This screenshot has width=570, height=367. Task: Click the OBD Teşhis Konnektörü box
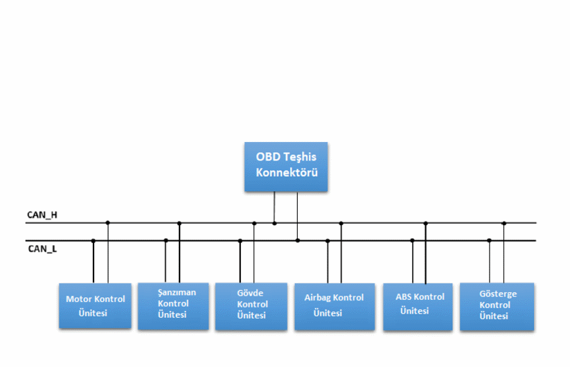(x=285, y=166)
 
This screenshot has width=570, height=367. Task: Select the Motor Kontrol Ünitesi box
(x=95, y=305)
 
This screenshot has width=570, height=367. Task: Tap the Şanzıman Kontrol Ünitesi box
(x=172, y=305)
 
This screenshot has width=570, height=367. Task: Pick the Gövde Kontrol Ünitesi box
(x=251, y=305)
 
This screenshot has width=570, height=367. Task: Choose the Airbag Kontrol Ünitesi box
(x=333, y=305)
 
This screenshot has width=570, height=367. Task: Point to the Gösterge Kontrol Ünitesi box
(x=497, y=305)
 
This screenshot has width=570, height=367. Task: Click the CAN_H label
(x=42, y=215)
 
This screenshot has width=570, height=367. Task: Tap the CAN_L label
(x=42, y=247)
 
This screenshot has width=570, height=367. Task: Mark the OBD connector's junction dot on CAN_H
(x=274, y=223)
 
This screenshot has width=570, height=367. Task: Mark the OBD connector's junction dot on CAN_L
(x=298, y=240)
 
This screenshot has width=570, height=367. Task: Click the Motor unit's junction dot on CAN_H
(x=107, y=223)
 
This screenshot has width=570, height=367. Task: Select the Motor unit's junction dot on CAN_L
(x=93, y=240)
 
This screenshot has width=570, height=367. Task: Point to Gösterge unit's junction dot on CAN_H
(x=504, y=223)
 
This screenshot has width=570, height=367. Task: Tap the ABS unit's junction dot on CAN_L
(x=412, y=240)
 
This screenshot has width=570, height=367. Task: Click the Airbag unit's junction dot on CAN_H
(x=341, y=223)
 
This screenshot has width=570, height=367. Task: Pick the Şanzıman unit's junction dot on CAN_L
(x=166, y=240)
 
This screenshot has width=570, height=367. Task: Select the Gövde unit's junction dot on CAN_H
(x=254, y=223)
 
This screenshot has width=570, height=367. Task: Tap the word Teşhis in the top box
(x=298, y=158)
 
